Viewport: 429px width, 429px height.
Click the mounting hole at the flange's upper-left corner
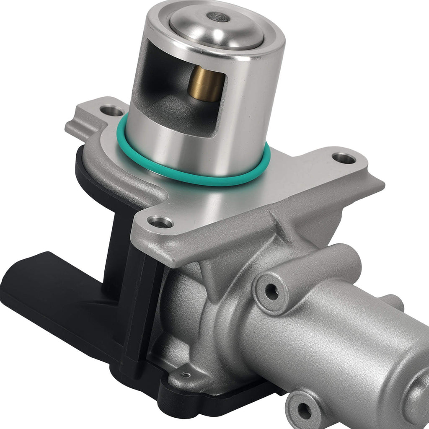[112, 111]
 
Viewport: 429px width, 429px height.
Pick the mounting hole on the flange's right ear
[344, 158]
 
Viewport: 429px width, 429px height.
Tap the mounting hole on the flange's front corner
[160, 222]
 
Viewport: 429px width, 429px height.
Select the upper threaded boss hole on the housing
[272, 292]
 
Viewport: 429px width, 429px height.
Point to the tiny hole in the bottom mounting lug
[185, 375]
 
